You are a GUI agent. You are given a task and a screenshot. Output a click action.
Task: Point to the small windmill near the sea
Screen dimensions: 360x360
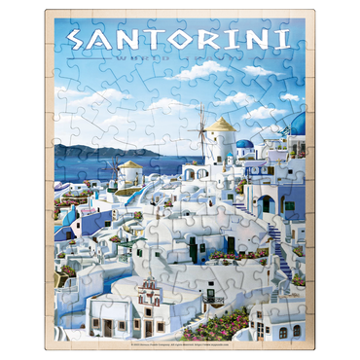coord(124,171)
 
